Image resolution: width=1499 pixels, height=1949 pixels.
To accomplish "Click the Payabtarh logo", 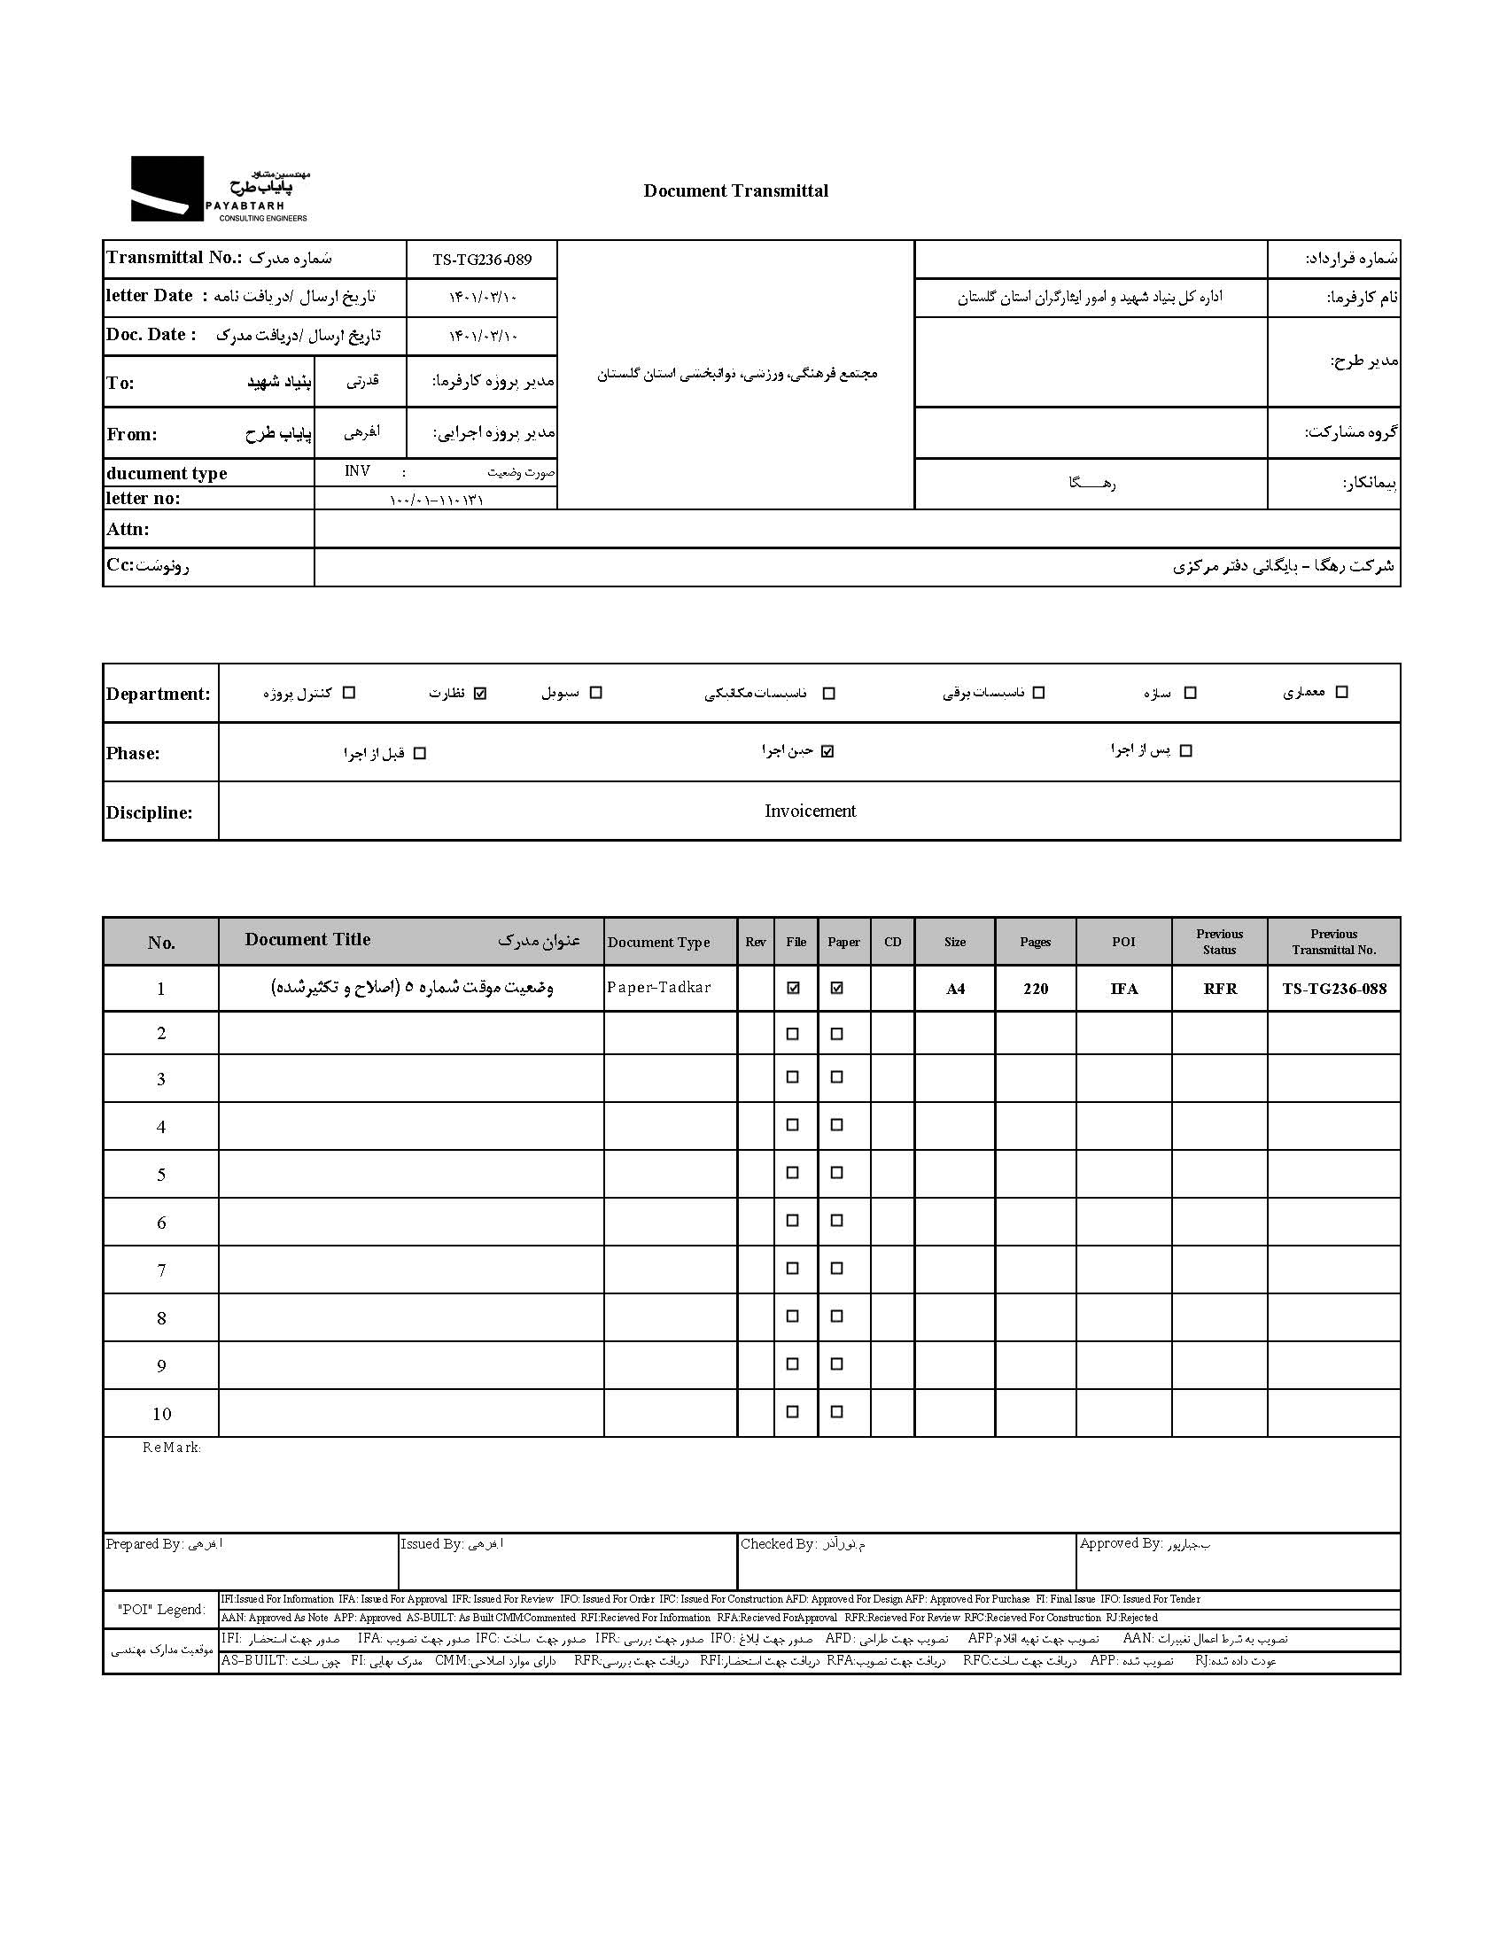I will click(x=220, y=189).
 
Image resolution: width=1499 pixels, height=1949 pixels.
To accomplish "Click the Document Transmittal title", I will click(x=735, y=190).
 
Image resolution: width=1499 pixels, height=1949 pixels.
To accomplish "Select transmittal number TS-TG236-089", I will click(x=482, y=260).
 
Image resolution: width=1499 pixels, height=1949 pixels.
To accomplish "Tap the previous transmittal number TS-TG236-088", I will click(x=1333, y=989).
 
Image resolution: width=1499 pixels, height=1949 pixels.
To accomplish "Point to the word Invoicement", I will click(x=809, y=811).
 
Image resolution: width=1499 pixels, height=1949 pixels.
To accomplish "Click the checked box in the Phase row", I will click(x=827, y=751).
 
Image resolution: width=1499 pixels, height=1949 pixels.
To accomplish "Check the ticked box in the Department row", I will click(x=480, y=693).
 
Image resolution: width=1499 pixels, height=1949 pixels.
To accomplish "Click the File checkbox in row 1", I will click(x=792, y=989).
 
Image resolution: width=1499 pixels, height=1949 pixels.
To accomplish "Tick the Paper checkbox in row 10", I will click(x=837, y=1412).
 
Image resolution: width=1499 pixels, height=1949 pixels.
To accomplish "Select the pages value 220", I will click(x=1035, y=989).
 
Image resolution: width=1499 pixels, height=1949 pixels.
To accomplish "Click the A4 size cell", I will click(x=955, y=989).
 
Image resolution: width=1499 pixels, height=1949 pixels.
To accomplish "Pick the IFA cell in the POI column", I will click(x=1123, y=989).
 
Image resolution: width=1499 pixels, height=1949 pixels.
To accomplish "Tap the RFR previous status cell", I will click(x=1219, y=989).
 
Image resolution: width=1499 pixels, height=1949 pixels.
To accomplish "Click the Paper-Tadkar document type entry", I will click(x=658, y=987).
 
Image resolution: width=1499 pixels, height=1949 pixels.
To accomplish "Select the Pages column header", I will click(x=1035, y=942).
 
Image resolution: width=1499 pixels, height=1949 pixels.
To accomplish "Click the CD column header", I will click(x=892, y=942).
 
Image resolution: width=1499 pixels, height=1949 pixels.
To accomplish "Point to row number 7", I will click(x=160, y=1270).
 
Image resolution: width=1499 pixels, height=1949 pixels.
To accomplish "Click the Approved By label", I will click(x=1121, y=1543).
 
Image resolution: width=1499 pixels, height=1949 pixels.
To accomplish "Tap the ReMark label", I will click(x=171, y=1448).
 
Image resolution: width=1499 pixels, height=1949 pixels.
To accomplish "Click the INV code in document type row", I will click(x=357, y=471).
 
